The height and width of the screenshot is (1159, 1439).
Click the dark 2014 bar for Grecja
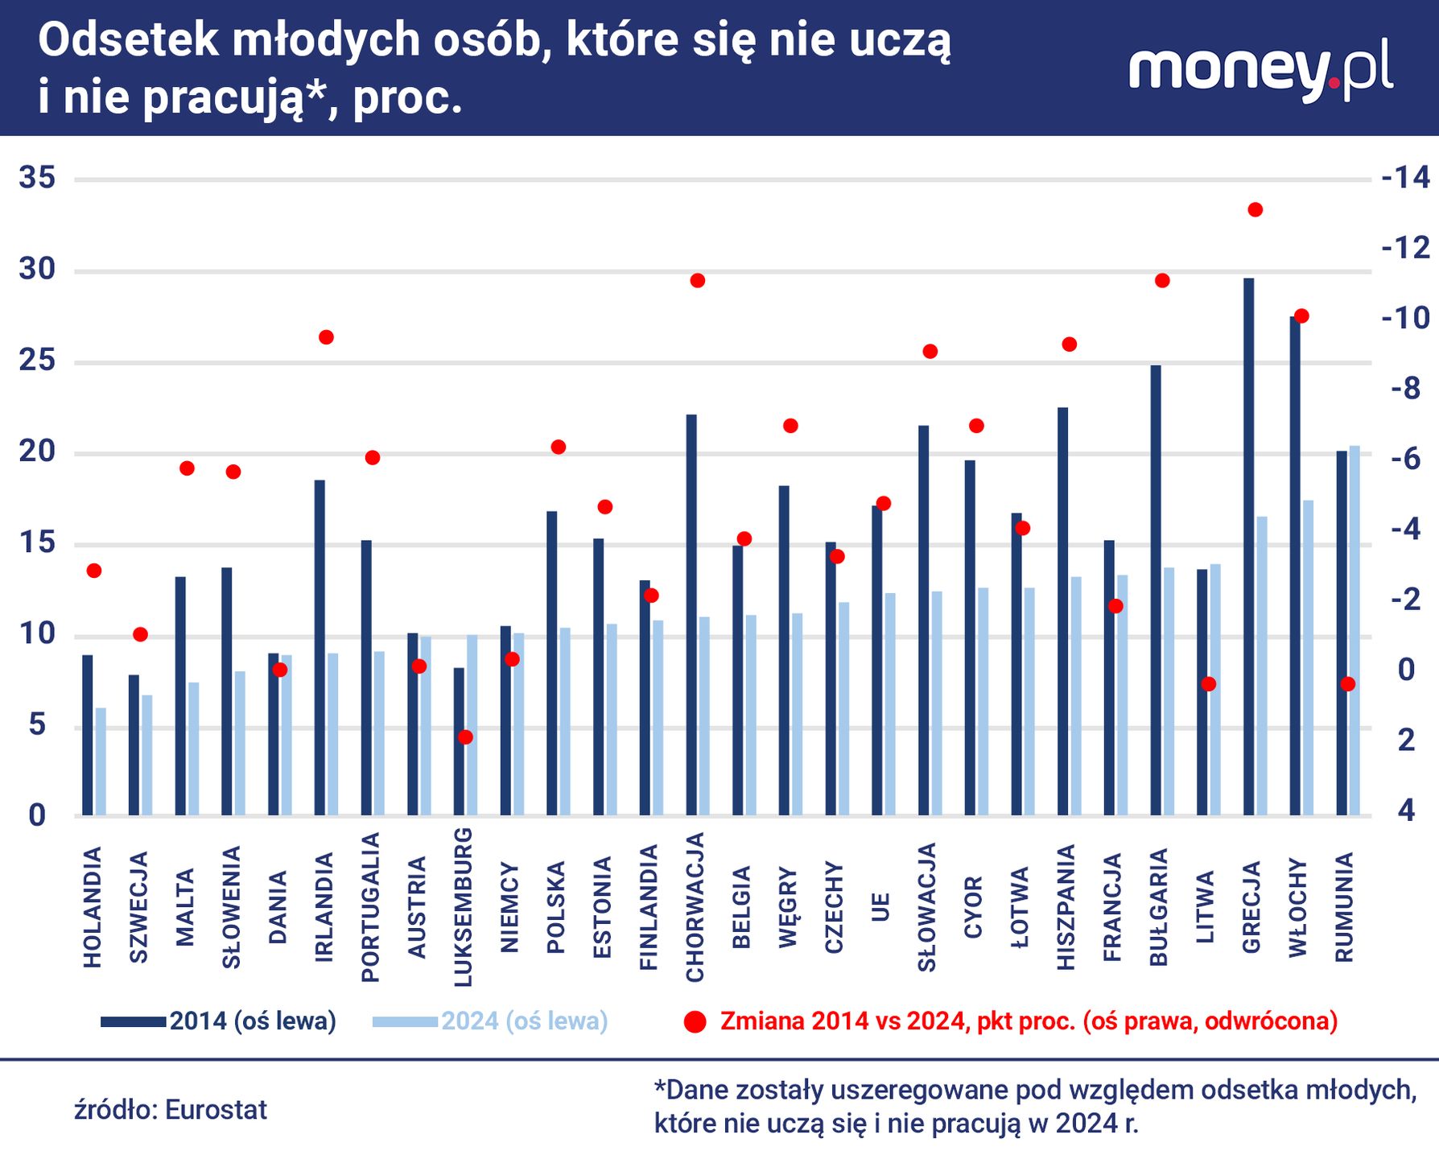(x=1248, y=547)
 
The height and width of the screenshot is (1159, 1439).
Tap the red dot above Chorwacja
(x=698, y=280)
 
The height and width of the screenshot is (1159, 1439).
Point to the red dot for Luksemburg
(x=465, y=736)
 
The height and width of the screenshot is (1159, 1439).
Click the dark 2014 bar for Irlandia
(x=320, y=648)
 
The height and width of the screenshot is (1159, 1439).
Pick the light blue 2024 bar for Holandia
(x=101, y=761)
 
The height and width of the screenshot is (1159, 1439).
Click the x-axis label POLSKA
(x=556, y=907)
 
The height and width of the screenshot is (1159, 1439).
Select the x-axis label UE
(x=881, y=907)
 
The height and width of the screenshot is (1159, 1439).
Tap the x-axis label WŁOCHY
(x=1298, y=907)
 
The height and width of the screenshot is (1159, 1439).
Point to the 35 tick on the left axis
(x=37, y=178)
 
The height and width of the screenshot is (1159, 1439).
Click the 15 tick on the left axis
(x=37, y=543)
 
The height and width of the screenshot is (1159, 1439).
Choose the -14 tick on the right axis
(x=1405, y=178)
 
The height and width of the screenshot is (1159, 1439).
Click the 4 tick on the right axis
(x=1405, y=810)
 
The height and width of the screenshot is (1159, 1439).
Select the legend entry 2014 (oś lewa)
(x=252, y=1021)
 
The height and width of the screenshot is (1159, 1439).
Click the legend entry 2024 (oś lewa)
(x=524, y=1021)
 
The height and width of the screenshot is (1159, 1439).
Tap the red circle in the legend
(x=695, y=1022)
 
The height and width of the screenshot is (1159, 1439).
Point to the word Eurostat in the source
(x=216, y=1110)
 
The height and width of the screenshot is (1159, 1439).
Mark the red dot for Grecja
(x=1255, y=209)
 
